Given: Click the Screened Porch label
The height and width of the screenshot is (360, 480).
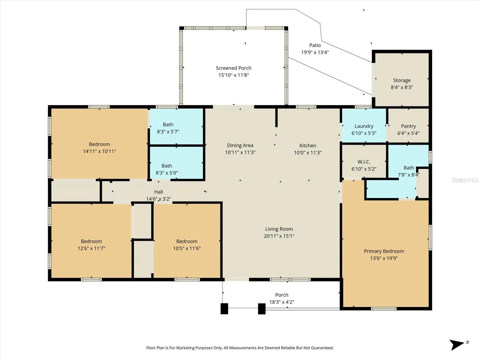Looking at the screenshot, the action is coord(233,68).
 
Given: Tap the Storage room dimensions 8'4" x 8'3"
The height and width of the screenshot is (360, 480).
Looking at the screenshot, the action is coord(402,87).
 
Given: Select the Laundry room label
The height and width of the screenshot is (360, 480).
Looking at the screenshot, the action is coord(364,126).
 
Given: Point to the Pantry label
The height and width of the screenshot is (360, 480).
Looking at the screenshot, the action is coord(409,126).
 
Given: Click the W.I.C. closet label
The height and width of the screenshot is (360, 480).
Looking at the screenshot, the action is coord(364,162).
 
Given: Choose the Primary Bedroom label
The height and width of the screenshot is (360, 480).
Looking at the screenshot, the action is coord(384,251).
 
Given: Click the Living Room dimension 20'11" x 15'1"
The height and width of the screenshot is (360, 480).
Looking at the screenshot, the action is coord(279,236).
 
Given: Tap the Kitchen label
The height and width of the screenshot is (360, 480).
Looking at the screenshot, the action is coord(308,145).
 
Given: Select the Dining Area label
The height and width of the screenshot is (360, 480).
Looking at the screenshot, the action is coord(240,145).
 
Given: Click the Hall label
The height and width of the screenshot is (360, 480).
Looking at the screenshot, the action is coord(158,192).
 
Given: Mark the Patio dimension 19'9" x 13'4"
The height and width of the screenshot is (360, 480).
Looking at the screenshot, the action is coord(315,52).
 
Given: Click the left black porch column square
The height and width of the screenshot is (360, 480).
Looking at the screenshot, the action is coord(224,309).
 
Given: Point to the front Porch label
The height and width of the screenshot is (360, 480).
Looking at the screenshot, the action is coord(282,295).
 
